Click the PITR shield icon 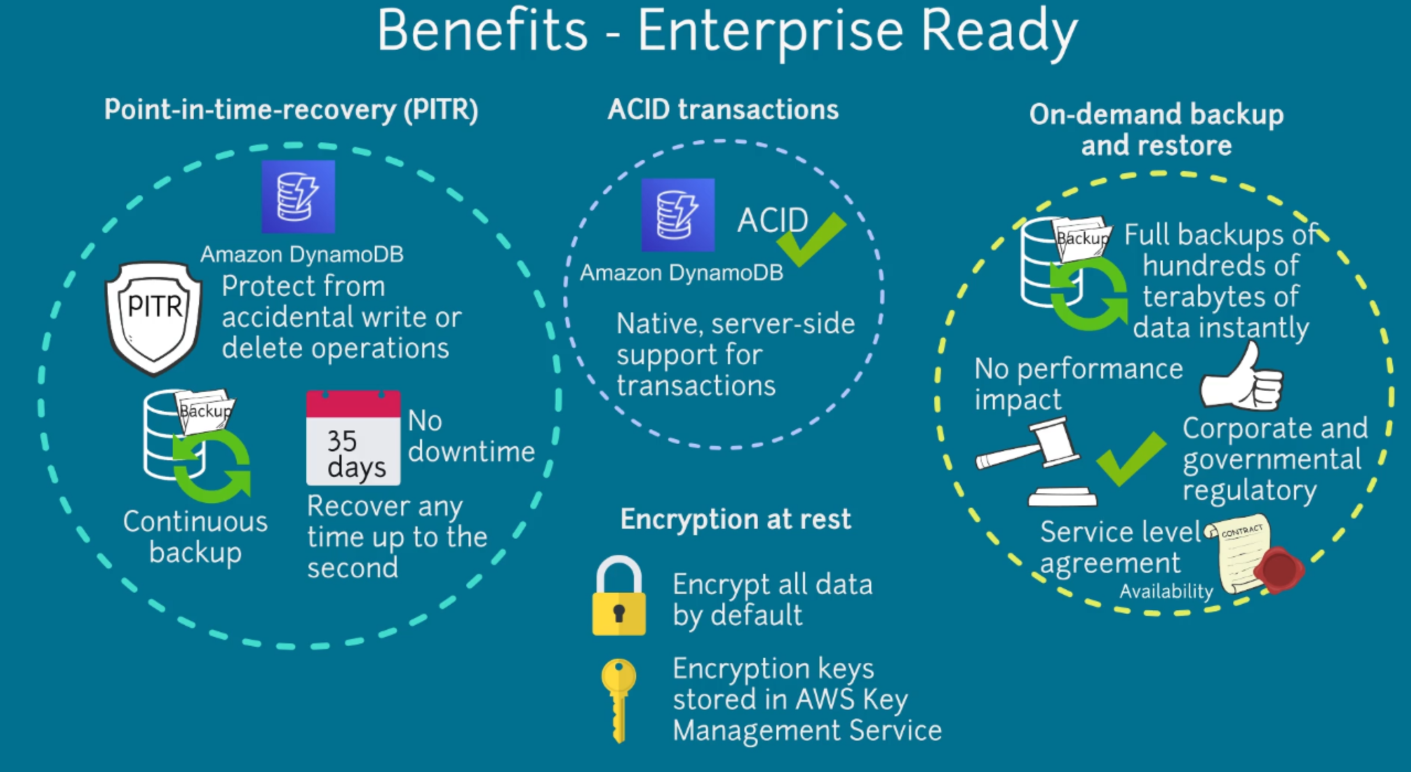(154, 317)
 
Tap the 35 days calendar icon (353, 438)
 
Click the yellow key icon (619, 698)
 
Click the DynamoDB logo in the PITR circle (298, 196)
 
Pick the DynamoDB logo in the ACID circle (678, 215)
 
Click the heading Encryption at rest (736, 519)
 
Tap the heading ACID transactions (723, 109)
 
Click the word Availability (1166, 592)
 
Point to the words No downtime (471, 436)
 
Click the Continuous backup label (195, 537)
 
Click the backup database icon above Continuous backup (193, 444)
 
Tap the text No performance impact (1078, 384)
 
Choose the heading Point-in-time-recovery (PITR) (291, 109)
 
